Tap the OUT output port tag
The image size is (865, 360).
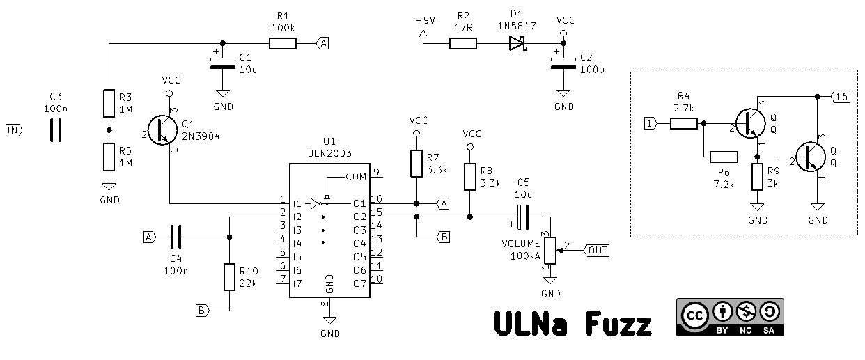[x=597, y=251]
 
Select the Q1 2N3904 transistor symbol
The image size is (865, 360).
[x=162, y=130]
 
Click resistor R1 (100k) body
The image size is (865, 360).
[x=283, y=44]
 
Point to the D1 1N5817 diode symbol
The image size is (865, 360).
[x=518, y=44]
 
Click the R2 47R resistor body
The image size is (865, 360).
[x=463, y=44]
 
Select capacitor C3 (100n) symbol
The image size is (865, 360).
[x=56, y=130]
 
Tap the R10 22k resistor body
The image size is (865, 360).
[x=229, y=277]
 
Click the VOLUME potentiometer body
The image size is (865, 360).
[x=550, y=251]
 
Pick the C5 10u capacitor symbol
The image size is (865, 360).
[x=523, y=217]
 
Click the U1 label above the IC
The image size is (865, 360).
[x=329, y=142]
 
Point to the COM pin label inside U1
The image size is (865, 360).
[x=356, y=177]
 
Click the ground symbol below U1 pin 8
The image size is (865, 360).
[x=329, y=320]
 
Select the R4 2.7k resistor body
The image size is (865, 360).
[x=683, y=124]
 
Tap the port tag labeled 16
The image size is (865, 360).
[x=841, y=97]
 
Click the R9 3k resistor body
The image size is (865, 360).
[x=757, y=177]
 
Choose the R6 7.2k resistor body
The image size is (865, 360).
[x=724, y=157]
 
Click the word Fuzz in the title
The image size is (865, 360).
[x=618, y=323]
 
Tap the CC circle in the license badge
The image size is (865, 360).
[x=694, y=315]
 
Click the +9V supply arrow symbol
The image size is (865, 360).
[x=423, y=36]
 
